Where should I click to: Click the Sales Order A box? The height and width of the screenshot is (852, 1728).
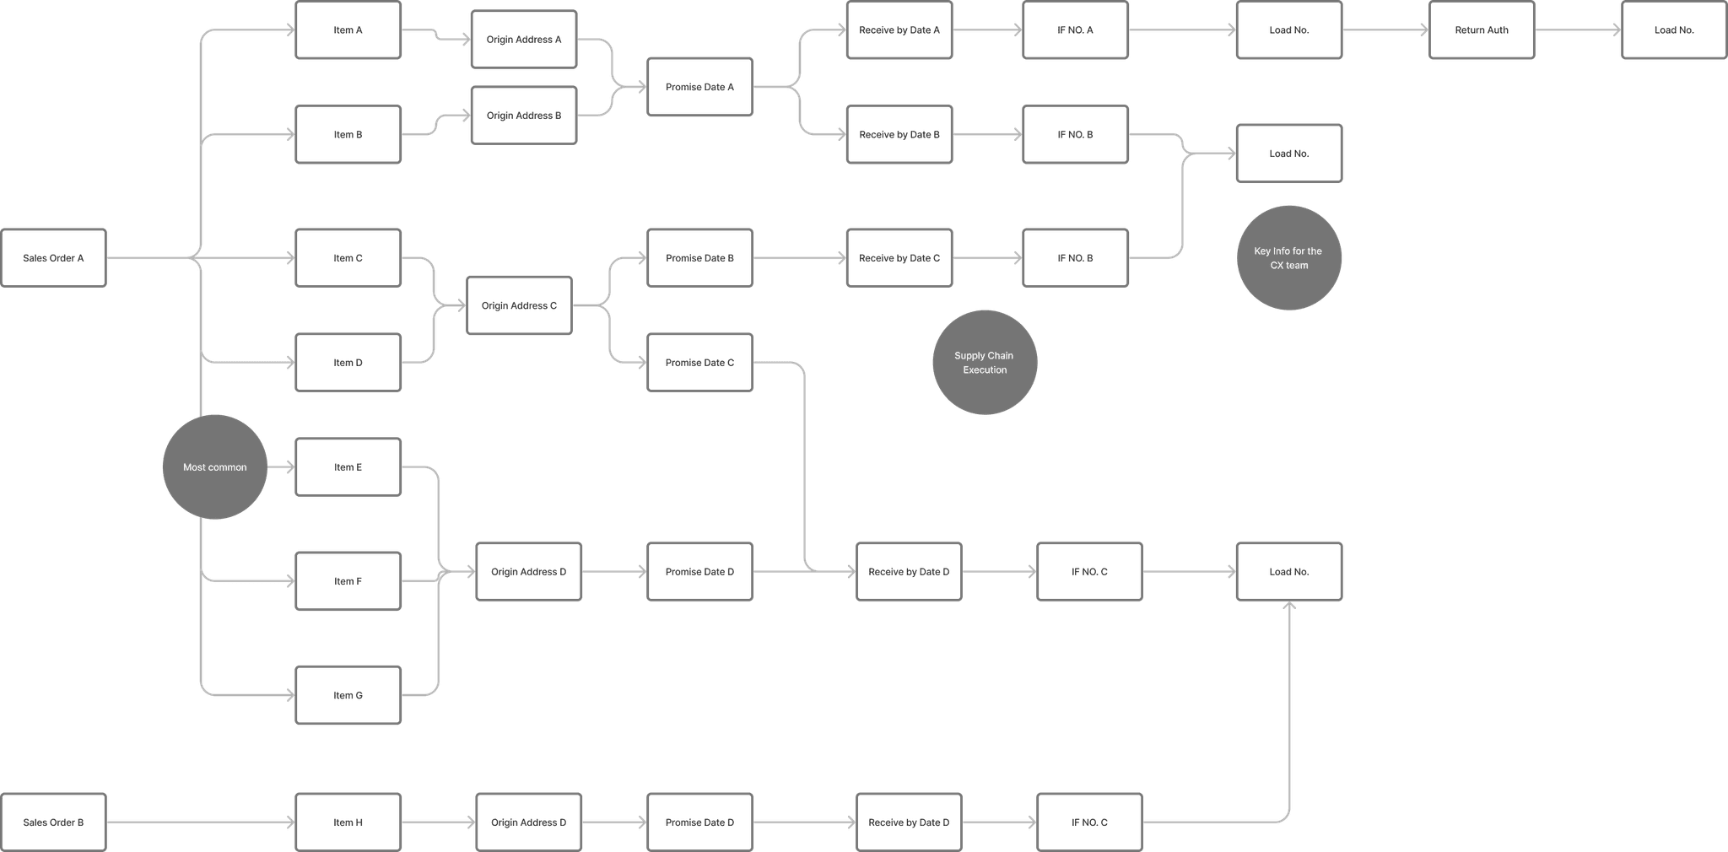coord(54,258)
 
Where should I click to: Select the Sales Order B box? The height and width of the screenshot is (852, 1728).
coord(54,822)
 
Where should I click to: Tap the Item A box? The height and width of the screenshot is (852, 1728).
coord(348,30)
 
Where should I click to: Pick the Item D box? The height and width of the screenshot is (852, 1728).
coord(348,363)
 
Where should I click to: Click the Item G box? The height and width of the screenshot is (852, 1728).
coord(348,696)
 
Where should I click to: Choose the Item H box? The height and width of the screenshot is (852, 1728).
coord(348,822)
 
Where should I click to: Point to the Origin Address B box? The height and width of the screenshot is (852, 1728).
coord(524,116)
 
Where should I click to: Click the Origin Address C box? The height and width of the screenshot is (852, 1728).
coord(519,306)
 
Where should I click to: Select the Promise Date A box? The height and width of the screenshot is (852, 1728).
coord(699,87)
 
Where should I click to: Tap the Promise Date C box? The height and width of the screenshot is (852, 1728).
coord(699,363)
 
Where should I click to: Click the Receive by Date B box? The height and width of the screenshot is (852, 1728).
coord(899,135)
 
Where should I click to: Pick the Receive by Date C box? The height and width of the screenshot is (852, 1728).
coord(899,258)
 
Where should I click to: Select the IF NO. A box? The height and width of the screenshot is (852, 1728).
coord(1075,30)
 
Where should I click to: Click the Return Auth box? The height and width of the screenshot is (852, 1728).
coord(1482,30)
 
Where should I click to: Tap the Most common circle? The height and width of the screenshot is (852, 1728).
coord(215,467)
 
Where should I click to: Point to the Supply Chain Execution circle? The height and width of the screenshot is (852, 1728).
coord(985,363)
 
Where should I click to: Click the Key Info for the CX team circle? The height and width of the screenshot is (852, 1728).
coord(1288,258)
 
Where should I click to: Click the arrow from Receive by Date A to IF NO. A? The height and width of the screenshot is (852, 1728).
coord(987,30)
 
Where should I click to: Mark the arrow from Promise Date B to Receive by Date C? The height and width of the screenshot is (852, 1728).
coord(800,258)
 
